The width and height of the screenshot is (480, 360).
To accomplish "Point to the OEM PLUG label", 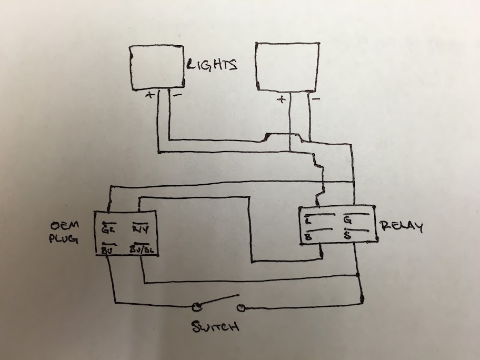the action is [x=65, y=232].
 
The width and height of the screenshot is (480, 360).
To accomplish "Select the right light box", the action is [x=287, y=65].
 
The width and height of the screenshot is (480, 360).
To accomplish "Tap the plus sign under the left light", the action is [x=149, y=96].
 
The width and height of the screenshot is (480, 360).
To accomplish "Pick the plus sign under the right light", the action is [x=282, y=99].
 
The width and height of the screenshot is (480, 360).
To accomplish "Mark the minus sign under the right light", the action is [x=316, y=98].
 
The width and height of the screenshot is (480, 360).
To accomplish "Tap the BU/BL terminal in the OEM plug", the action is [x=142, y=249].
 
